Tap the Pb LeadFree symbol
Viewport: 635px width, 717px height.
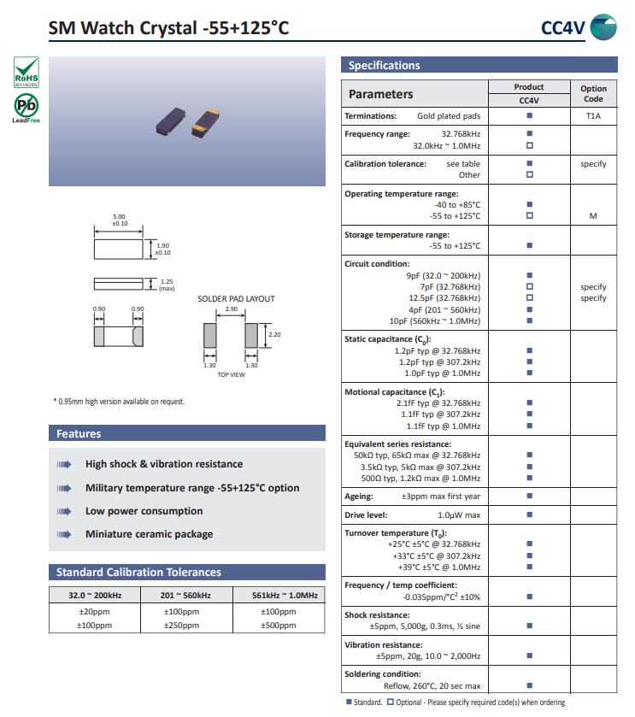point(26,108)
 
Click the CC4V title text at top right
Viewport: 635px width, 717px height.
point(562,28)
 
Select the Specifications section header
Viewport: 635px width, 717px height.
point(384,66)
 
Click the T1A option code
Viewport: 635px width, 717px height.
point(593,115)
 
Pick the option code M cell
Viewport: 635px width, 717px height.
point(593,216)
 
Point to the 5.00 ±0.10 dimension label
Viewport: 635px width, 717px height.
point(120,220)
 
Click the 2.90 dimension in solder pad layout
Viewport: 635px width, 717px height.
point(231,309)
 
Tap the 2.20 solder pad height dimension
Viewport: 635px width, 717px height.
point(274,334)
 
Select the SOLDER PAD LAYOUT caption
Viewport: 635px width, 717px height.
point(236,299)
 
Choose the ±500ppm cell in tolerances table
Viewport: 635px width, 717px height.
point(279,626)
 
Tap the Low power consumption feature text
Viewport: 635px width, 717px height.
point(144,511)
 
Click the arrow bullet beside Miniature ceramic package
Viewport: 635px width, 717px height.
point(64,535)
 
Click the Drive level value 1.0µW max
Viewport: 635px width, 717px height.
point(459,515)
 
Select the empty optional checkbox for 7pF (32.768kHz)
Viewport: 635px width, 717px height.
point(529,287)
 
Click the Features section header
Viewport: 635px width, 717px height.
point(79,434)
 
